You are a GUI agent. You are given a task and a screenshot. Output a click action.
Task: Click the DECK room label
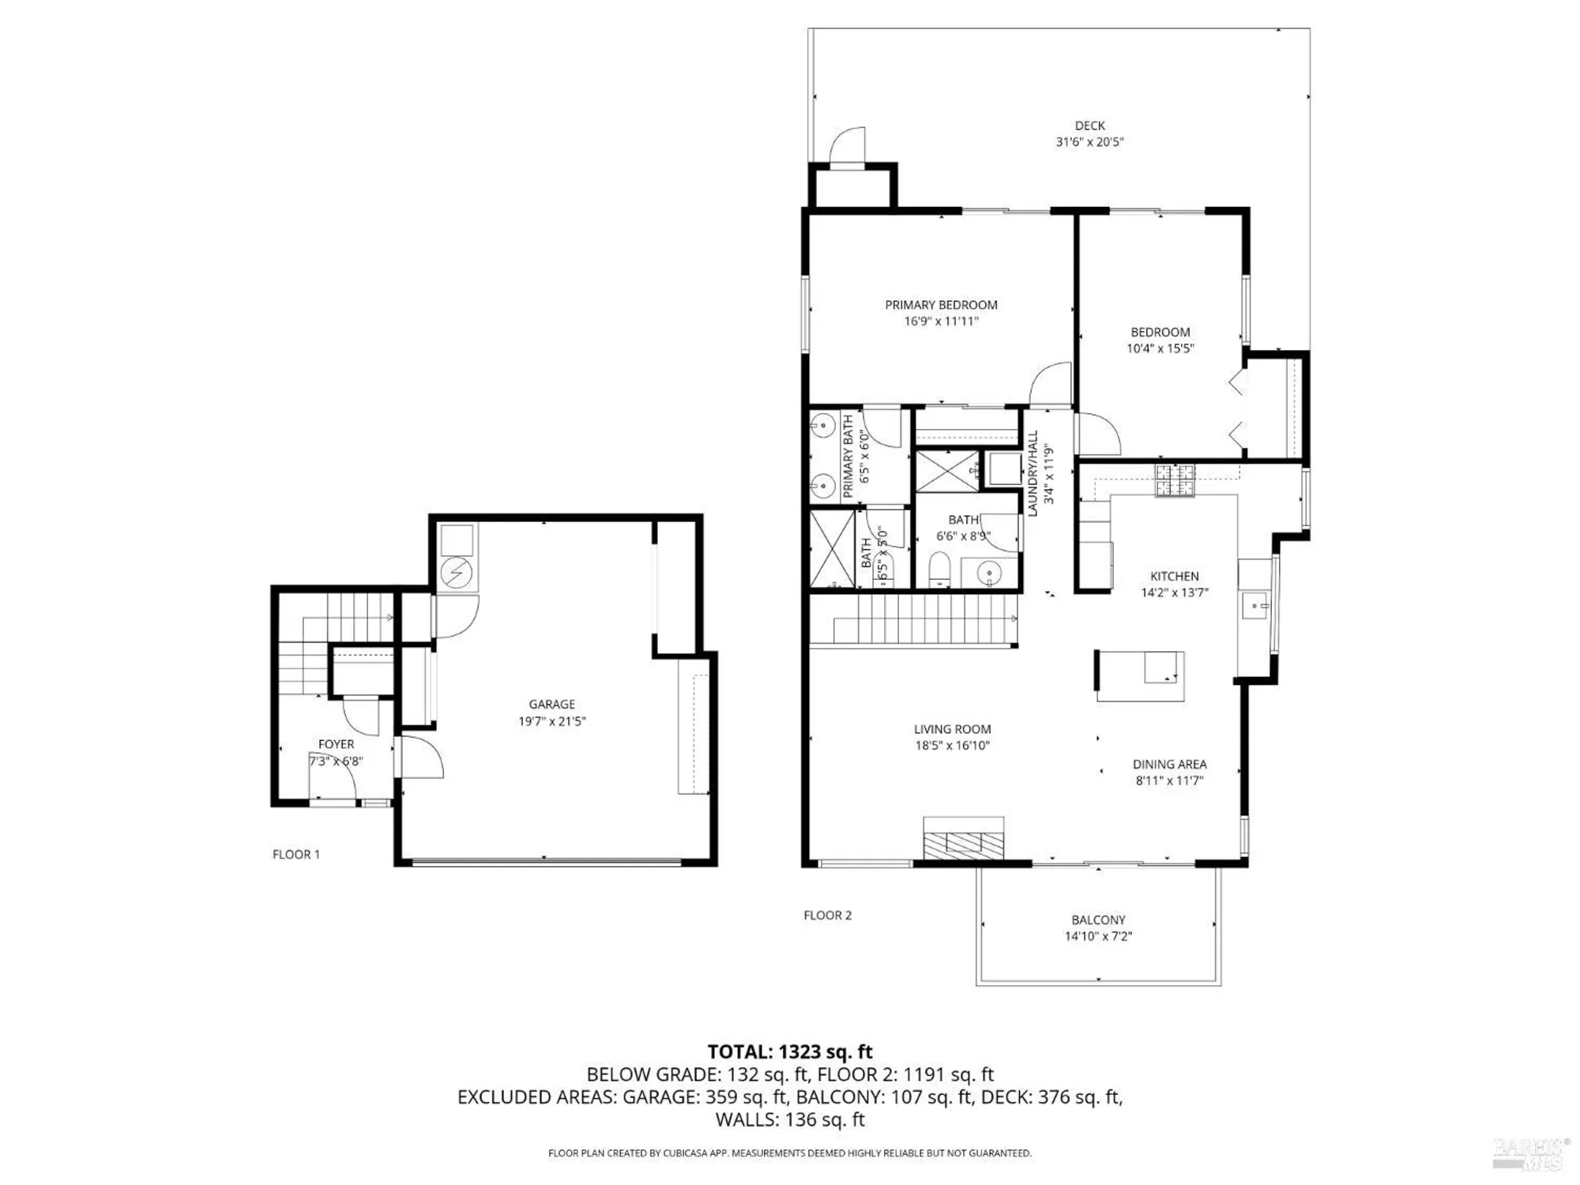[1089, 126]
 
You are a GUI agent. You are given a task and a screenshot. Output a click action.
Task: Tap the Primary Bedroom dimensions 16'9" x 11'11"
[941, 322]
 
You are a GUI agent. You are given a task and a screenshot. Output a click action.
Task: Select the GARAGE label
[551, 704]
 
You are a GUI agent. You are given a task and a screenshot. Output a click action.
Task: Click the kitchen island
[1139, 675]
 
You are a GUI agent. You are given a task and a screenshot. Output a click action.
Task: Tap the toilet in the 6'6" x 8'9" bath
[939, 570]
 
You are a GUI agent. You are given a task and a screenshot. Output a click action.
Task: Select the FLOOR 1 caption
[296, 854]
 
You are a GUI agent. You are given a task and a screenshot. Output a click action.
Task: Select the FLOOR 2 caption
[827, 915]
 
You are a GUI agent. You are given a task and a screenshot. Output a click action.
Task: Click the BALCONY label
[1098, 920]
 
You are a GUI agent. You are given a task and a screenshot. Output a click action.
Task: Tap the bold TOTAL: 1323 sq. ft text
[789, 1051]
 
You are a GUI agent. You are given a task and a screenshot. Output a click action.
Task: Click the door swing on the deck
[848, 147]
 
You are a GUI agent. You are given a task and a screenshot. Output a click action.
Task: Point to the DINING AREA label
[1169, 764]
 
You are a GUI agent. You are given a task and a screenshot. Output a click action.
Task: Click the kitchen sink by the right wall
[1255, 607]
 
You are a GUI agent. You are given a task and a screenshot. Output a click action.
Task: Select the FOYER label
[336, 744]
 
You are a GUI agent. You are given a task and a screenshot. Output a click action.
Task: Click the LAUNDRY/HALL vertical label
[1032, 474]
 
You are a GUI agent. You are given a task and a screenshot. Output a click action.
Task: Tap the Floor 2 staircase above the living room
[924, 620]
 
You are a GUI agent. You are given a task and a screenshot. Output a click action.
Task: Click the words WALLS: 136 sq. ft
[789, 1119]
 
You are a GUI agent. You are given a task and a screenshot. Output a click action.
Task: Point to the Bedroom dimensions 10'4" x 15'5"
[1160, 348]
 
